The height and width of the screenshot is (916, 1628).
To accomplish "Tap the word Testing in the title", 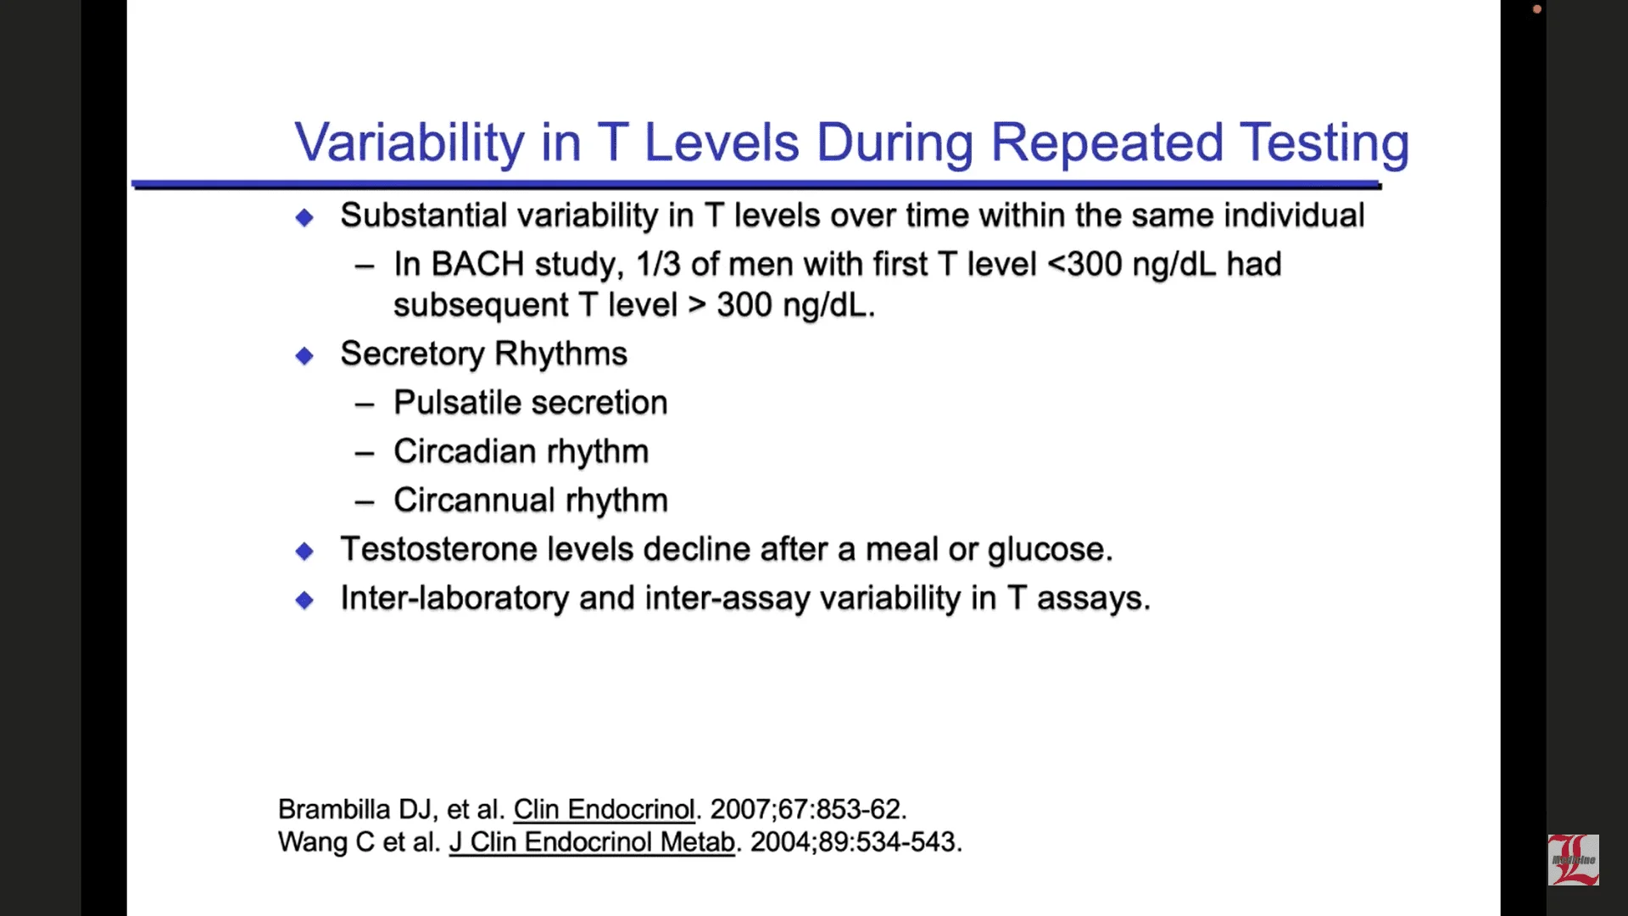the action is click(1324, 144).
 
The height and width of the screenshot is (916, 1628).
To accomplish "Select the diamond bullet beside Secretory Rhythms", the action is click(304, 355).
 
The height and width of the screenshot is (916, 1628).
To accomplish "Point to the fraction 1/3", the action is click(658, 265).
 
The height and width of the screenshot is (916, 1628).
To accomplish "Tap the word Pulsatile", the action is click(457, 403).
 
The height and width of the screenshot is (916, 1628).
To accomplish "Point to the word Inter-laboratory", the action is click(454, 599).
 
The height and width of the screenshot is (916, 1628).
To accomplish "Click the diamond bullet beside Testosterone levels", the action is click(304, 551).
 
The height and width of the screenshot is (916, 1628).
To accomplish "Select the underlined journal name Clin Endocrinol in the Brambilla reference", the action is click(604, 809).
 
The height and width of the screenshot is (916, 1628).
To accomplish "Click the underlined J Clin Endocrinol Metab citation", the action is click(592, 842).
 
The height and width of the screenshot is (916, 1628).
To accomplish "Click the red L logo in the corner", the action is click(1574, 860).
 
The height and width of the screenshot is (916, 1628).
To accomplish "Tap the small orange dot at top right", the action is click(1537, 9).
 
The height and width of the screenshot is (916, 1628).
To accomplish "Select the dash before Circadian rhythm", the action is click(365, 454).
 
